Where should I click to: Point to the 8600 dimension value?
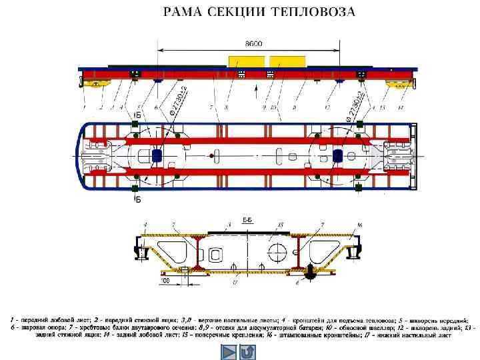pyautogui.click(x=254, y=44)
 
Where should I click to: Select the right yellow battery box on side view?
pyautogui.click(x=287, y=61)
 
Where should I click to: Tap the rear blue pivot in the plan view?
pyautogui.click(x=337, y=155)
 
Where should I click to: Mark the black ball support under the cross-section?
pyautogui.click(x=311, y=273)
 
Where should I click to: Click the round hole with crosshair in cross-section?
pyautogui.click(x=277, y=254)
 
